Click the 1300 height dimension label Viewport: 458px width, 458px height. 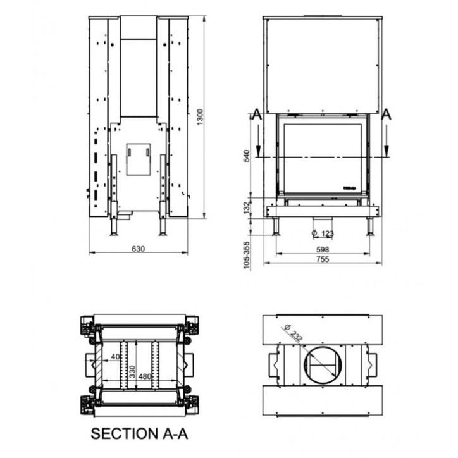(201, 116)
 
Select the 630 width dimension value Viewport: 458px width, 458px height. (138, 249)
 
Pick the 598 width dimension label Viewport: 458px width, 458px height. (323, 249)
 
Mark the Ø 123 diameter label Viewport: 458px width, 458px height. (323, 234)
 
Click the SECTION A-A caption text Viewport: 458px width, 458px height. (139, 434)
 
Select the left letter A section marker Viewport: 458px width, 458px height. (256, 114)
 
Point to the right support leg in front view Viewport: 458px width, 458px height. (369, 226)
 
